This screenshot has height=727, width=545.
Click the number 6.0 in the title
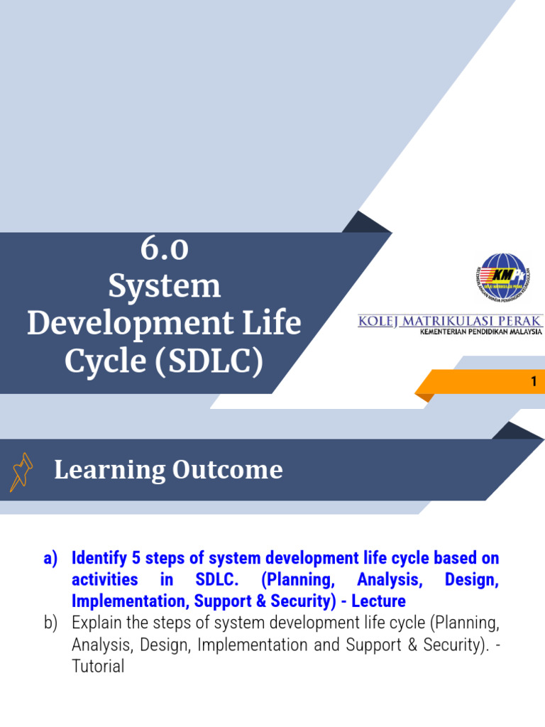[x=164, y=249]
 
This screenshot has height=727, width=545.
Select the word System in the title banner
[x=164, y=286]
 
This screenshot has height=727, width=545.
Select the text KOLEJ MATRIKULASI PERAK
[x=451, y=322]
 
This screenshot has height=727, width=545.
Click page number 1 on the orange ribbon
[x=534, y=382]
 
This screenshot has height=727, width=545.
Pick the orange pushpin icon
[x=21, y=472]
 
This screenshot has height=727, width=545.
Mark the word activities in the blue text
[x=104, y=580]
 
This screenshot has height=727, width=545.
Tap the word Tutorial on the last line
[x=98, y=667]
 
